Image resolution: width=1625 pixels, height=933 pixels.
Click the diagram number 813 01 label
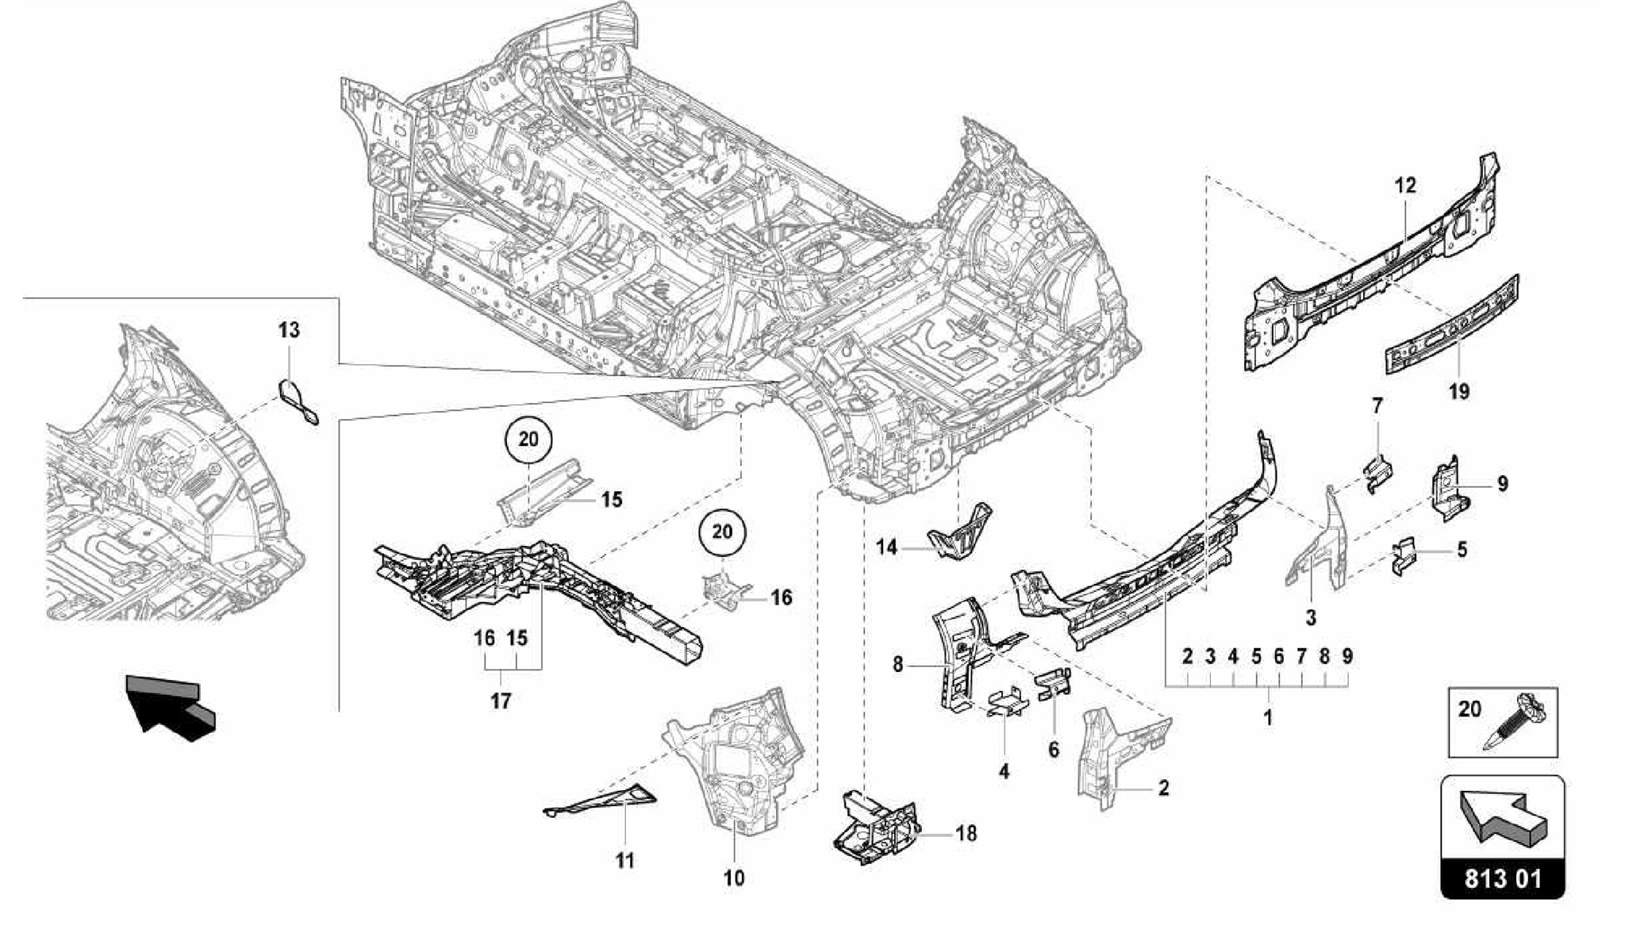tap(1502, 879)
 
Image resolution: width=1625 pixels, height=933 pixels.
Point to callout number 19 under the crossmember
tap(1458, 391)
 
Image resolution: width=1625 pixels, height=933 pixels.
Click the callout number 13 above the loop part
tap(289, 329)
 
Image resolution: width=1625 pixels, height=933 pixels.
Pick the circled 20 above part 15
tap(528, 440)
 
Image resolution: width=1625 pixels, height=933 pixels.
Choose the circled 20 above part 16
tap(722, 532)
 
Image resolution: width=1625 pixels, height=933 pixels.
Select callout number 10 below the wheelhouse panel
tap(734, 877)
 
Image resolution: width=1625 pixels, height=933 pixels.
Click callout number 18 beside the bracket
tap(966, 834)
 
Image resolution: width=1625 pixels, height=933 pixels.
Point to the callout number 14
tap(886, 547)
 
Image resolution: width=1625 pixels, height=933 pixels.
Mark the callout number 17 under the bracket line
tap(501, 701)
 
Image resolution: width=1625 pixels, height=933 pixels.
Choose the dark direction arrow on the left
tap(171, 705)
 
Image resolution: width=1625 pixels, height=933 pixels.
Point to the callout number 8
tap(897, 664)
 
